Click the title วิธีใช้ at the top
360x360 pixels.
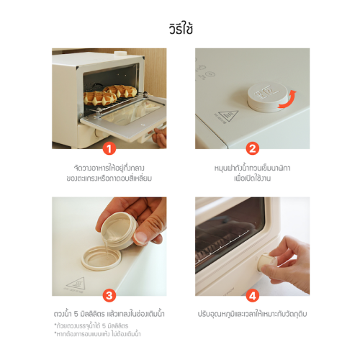pyautogui.click(x=181, y=29)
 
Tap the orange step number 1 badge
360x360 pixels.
pyautogui.click(x=109, y=149)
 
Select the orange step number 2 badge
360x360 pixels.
pyautogui.click(x=253, y=149)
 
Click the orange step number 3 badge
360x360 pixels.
pyautogui.click(x=109, y=295)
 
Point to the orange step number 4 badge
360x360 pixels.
pyautogui.click(x=253, y=295)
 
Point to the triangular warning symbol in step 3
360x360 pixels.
pyautogui.click(x=76, y=284)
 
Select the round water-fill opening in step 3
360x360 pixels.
pyautogui.click(x=102, y=258)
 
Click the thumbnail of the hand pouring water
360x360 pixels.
pyautogui.click(x=109, y=246)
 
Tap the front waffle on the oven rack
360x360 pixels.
pyautogui.click(x=100, y=98)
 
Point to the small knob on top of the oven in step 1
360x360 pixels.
pyautogui.click(x=120, y=54)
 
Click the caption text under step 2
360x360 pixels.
pyautogui.click(x=252, y=173)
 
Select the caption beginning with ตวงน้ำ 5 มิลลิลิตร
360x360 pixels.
pyautogui.click(x=109, y=314)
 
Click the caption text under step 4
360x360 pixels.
pyautogui.click(x=252, y=314)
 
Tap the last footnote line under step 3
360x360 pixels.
pyautogui.click(x=97, y=334)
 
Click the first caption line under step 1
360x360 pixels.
pyautogui.click(x=109, y=168)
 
